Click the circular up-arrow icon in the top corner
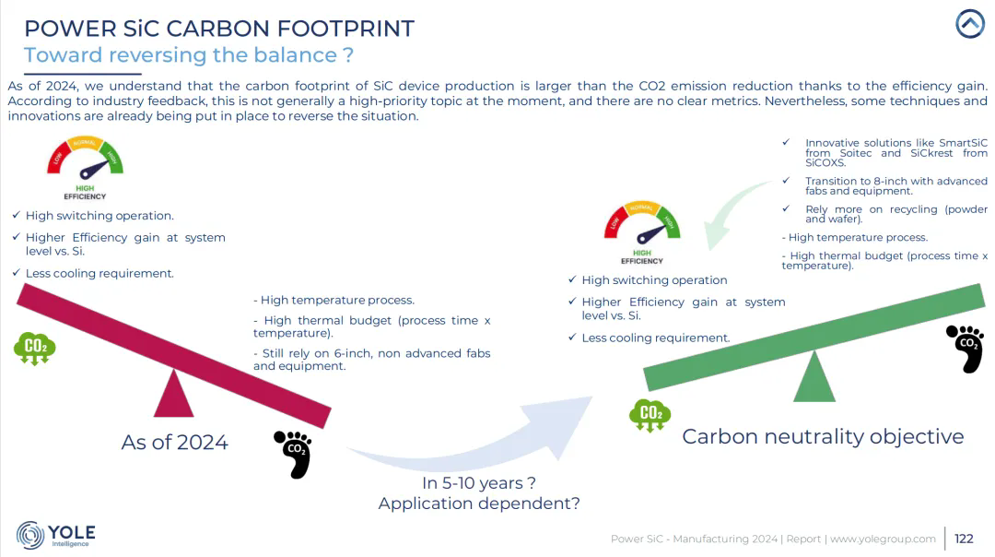point(969,23)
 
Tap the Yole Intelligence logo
point(56,535)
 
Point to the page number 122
point(964,539)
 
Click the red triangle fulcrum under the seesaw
point(174,394)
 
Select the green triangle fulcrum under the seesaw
point(814,377)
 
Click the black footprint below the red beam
point(293,454)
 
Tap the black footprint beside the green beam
point(965,349)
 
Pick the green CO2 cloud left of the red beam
point(35,349)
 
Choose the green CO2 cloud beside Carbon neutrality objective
point(650,416)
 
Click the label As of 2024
point(174,442)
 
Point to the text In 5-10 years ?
point(479,482)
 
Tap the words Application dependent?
point(479,503)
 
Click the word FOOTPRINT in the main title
point(345,29)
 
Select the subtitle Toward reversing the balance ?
point(189,54)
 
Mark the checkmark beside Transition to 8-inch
point(786,181)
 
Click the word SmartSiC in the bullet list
point(964,143)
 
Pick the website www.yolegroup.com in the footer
point(883,539)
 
